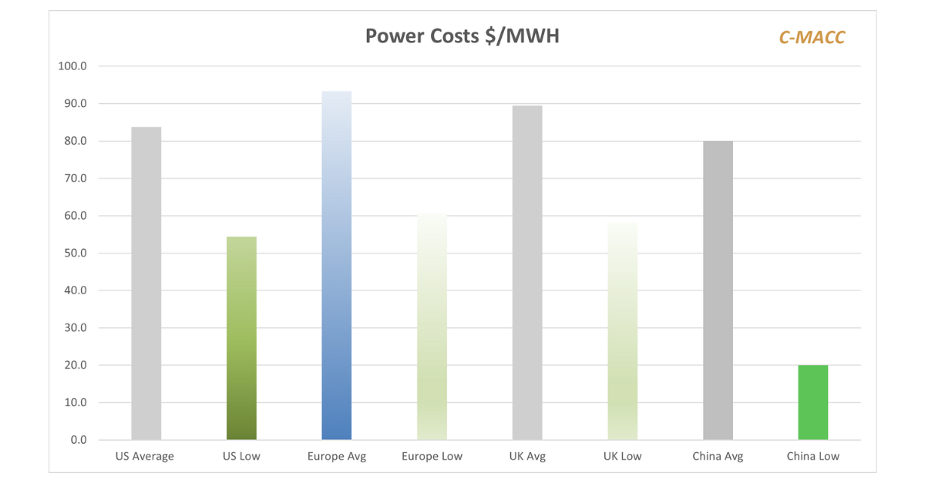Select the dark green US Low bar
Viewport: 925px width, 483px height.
coord(241,338)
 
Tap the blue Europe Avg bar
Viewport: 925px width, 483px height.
coord(336,266)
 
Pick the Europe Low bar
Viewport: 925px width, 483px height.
coord(432,327)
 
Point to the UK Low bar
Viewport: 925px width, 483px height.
coord(622,331)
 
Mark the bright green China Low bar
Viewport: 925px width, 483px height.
coord(813,402)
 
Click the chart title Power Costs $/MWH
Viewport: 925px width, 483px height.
coord(462,36)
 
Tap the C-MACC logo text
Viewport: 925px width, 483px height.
coord(812,37)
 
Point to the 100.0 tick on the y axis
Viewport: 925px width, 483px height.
coord(72,66)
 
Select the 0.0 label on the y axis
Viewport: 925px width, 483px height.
coord(78,440)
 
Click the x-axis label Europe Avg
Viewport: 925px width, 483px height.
coord(336,456)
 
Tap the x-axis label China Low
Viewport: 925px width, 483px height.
coord(813,456)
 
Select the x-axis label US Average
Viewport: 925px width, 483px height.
coord(145,456)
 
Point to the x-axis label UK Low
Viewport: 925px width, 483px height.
coord(622,456)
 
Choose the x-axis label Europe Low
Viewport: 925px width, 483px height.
coord(432,456)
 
